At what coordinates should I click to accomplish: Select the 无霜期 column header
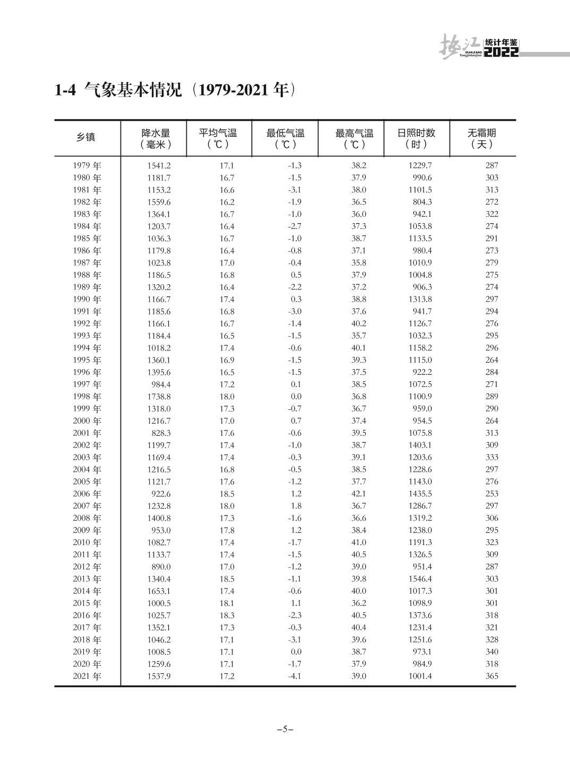pos(481,138)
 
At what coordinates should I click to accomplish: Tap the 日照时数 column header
pos(416,138)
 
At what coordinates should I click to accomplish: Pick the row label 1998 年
pos(87,397)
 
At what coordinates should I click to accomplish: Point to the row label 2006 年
pos(87,494)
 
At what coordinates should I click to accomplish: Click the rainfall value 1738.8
pos(159,397)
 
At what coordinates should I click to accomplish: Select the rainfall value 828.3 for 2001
pos(161,433)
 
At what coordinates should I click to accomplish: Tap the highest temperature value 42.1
pos(359,494)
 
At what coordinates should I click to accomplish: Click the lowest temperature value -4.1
pos(295,676)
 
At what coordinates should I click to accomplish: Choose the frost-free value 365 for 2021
pos(492,676)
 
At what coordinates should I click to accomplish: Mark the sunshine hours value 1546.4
pos(420,579)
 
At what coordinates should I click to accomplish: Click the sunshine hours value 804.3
pos(422,202)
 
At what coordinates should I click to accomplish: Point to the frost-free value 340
pos(492,652)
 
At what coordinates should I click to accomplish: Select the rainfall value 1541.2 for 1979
pos(159,165)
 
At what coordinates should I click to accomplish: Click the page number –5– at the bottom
pos(285,729)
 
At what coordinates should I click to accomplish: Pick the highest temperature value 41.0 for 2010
pos(359,542)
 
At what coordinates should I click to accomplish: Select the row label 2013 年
pos(87,579)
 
